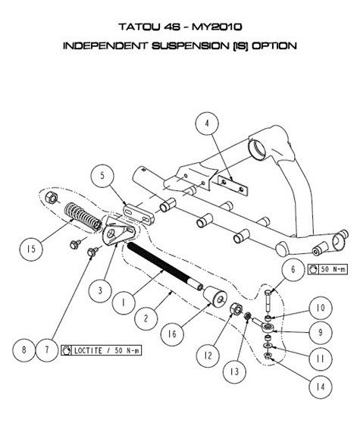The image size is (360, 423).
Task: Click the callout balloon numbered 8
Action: pos(24,349)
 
